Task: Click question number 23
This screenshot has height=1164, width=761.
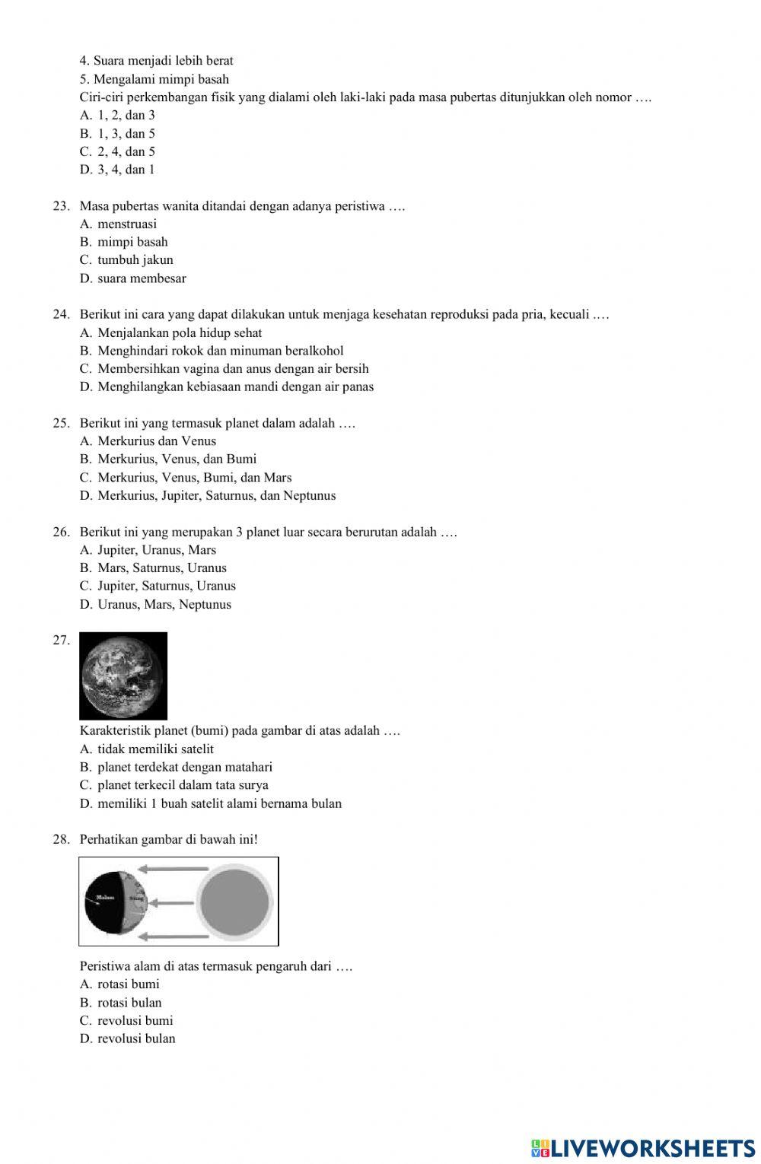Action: click(62, 206)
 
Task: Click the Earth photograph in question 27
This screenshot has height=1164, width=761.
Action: click(123, 676)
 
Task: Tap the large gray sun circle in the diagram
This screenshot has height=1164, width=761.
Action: click(234, 902)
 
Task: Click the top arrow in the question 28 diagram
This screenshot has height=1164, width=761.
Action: click(173, 868)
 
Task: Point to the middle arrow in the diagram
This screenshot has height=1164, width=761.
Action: click(171, 903)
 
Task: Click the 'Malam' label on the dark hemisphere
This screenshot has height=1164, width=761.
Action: click(105, 898)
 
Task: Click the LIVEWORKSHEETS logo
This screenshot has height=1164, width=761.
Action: click(643, 1147)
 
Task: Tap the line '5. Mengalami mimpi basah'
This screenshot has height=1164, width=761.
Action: click(154, 79)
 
